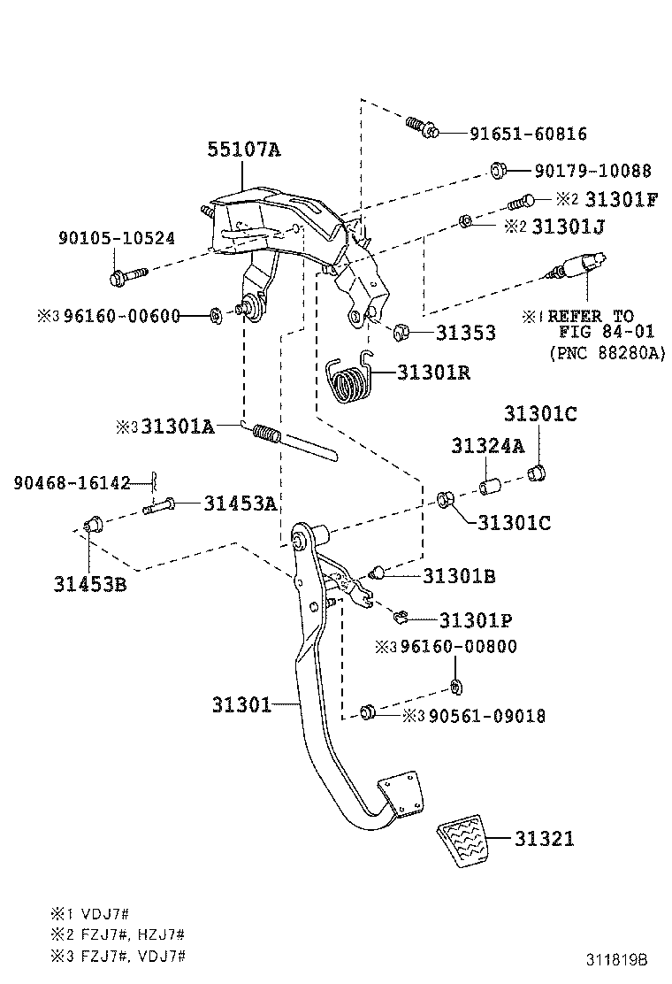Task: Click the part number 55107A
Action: pyautogui.click(x=244, y=150)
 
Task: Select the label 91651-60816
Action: pyautogui.click(x=528, y=135)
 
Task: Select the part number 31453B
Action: pyautogui.click(x=89, y=584)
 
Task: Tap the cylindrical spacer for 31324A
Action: pyautogui.click(x=491, y=487)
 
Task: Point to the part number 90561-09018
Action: pyautogui.click(x=487, y=716)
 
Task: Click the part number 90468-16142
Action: pyautogui.click(x=72, y=482)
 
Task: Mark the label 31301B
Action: pyautogui.click(x=458, y=576)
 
